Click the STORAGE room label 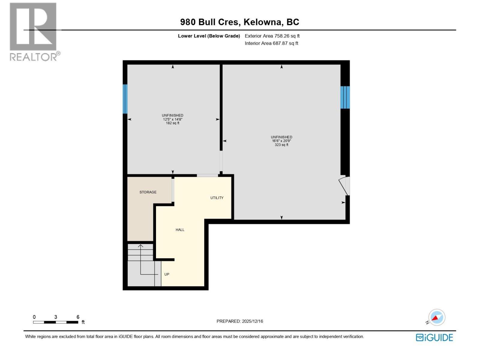point(148,192)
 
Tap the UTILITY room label point(217,198)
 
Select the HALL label point(180,230)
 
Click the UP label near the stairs point(167,274)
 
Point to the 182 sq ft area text point(172,123)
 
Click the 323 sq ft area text point(281,145)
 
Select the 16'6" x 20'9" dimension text point(281,141)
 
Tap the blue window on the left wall point(125,99)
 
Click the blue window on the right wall point(345,97)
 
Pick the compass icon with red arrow point(436,317)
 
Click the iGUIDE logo point(434,337)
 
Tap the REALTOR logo point(33,31)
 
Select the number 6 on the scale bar point(78,317)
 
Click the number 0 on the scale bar point(34,317)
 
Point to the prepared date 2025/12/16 point(252,321)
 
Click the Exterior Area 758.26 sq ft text point(272,36)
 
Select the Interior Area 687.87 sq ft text point(271,43)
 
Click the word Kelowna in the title point(262,22)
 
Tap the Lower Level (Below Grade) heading point(209,36)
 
